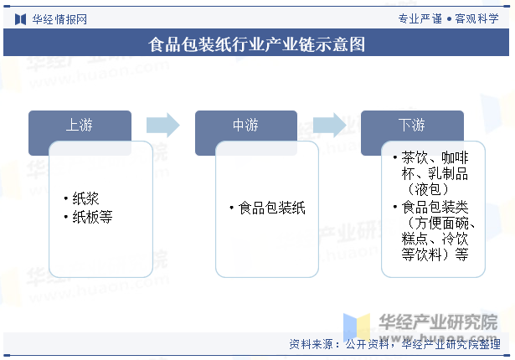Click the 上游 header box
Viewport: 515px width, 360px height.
point(80,126)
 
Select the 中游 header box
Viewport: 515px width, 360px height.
point(245,126)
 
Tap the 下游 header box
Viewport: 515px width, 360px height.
point(412,126)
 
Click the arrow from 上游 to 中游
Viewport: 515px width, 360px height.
point(163,126)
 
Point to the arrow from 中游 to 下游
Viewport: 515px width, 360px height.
point(329,126)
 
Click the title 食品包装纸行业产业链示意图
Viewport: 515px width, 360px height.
point(256,44)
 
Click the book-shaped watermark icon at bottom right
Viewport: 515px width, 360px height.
point(356,327)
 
